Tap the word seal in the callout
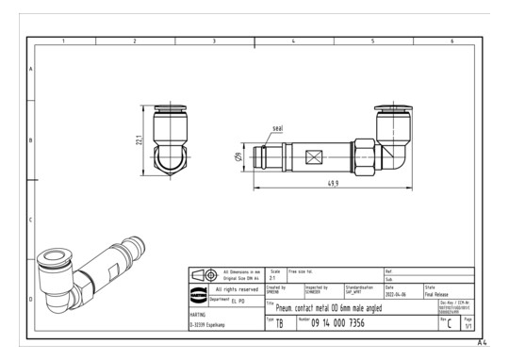278,126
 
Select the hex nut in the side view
363,155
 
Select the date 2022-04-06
397,293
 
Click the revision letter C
454,324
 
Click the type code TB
280,324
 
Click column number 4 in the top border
293,41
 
